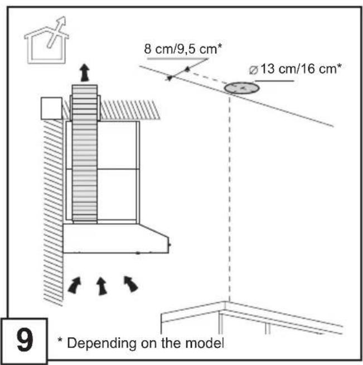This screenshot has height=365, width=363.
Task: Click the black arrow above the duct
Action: coord(85,73)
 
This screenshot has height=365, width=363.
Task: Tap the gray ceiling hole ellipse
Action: coord(241,88)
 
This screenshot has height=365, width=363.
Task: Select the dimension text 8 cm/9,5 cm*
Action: coord(183,49)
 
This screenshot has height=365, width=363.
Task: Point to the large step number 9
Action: coord(25,340)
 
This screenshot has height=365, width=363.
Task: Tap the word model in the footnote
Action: coord(205,343)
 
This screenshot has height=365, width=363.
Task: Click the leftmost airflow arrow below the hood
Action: coord(75,285)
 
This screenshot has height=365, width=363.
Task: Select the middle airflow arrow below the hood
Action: coord(101,286)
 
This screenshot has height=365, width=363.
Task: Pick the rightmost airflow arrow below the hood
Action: coord(131,284)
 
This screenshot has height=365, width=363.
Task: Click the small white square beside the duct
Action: coord(52,108)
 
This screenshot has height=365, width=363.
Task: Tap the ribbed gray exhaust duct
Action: coord(85,153)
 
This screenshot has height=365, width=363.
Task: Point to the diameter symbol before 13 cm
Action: coord(254,70)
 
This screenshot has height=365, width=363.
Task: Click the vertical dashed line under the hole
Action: coord(230,198)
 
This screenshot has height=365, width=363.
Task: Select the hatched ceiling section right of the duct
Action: coord(130,110)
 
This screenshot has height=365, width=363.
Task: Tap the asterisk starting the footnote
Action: coord(60,340)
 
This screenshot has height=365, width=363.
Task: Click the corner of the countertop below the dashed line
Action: coord(225,302)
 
